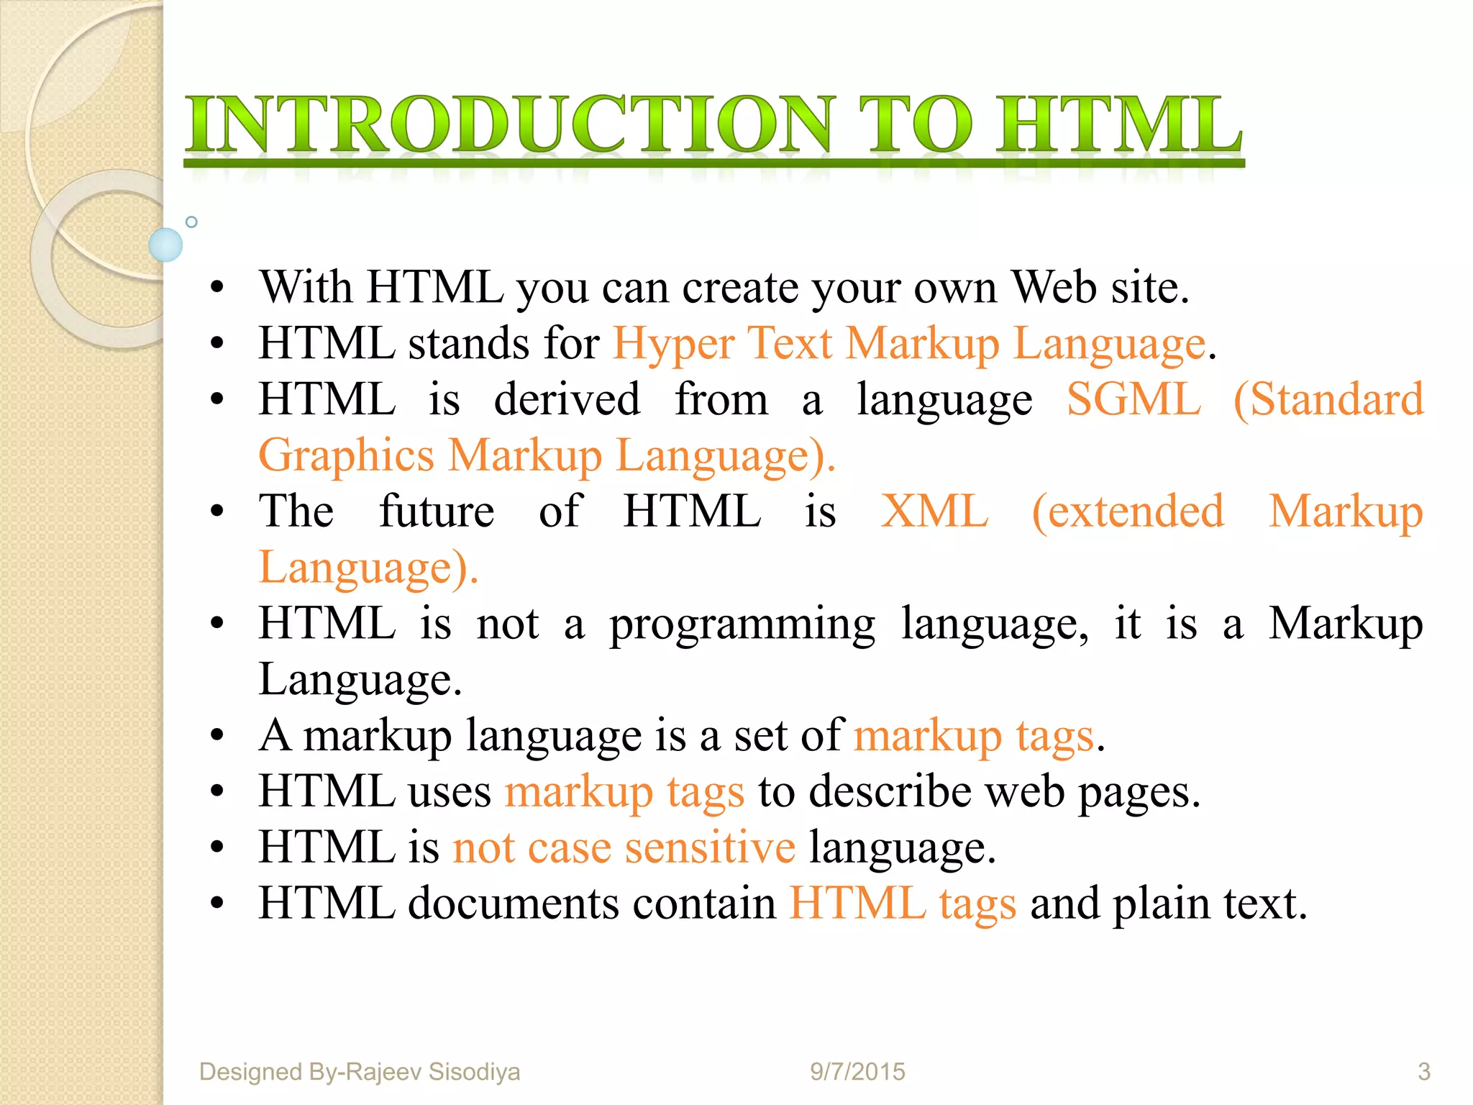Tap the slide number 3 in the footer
(x=1423, y=1072)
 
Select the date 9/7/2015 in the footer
(x=857, y=1072)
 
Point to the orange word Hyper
(x=673, y=344)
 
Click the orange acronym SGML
(x=1134, y=399)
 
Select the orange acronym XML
(x=934, y=511)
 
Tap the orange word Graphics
(x=346, y=456)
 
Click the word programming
(x=742, y=624)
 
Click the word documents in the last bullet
(x=514, y=904)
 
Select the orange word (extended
(x=1128, y=511)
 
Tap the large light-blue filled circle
(x=165, y=245)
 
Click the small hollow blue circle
(x=191, y=222)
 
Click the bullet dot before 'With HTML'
(x=217, y=289)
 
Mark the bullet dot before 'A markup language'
(x=217, y=737)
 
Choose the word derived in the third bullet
(x=567, y=399)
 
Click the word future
(x=437, y=511)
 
